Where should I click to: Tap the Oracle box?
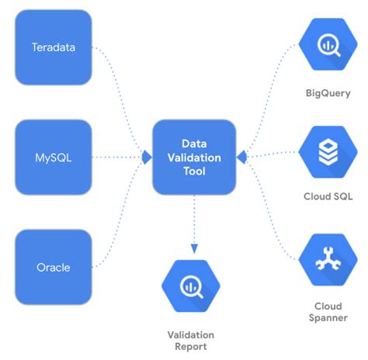point(53,268)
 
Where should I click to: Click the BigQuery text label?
point(327,93)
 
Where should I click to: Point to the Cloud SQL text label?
point(327,197)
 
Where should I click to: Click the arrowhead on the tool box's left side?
point(146,157)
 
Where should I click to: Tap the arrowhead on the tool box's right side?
point(241,157)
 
